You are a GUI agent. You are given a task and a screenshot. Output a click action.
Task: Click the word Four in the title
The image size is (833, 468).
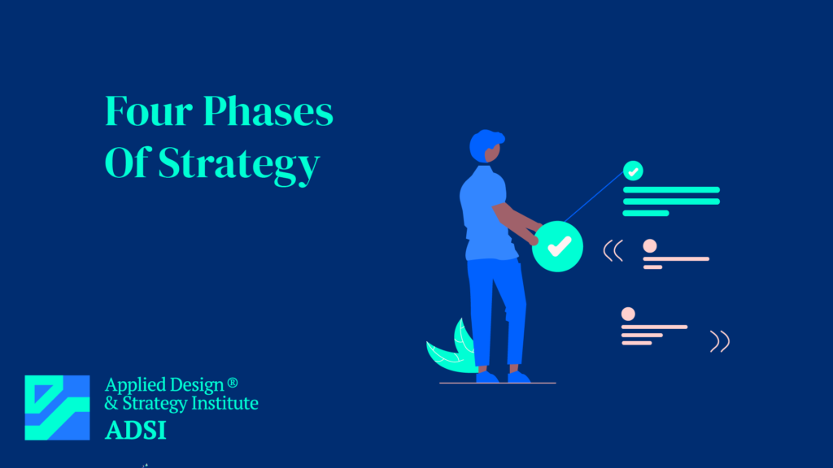point(148,111)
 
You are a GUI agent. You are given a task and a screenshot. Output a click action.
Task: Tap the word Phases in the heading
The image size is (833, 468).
point(268,111)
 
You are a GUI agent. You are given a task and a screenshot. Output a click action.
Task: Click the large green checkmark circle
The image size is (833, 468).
point(558,246)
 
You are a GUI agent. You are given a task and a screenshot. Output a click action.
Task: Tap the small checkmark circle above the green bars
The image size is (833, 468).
point(633,171)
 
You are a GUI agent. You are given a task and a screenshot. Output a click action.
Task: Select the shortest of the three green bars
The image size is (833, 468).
point(646,213)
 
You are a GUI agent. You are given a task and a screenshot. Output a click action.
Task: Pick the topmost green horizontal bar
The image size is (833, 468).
point(671,190)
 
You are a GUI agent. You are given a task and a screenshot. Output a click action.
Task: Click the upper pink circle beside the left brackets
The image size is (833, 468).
point(650,245)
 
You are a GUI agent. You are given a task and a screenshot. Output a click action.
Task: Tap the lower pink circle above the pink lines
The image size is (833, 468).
point(628,314)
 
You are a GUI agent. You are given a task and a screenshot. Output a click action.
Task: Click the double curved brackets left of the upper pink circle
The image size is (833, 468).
point(613,251)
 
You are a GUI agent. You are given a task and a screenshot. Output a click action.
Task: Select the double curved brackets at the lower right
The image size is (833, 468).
point(719,341)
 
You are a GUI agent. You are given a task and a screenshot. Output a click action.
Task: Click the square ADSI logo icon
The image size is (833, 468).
point(57,408)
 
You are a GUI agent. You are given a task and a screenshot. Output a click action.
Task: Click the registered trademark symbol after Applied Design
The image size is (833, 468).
point(232,383)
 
